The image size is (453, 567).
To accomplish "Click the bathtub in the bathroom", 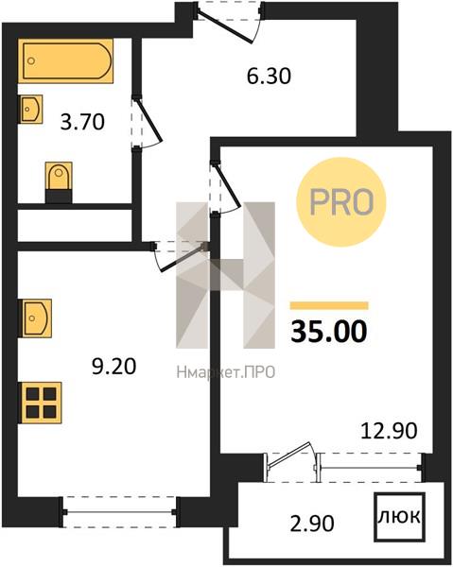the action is (65, 60).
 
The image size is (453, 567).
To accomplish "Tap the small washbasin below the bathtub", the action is (30, 109).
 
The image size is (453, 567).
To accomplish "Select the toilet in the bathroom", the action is (59, 181).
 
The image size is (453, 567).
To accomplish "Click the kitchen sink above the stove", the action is (35, 318).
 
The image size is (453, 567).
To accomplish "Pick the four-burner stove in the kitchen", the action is (40, 403).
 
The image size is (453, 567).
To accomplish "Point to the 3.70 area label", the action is (82, 122).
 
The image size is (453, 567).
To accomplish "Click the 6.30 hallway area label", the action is (269, 77).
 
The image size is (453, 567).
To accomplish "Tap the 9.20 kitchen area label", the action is (114, 367).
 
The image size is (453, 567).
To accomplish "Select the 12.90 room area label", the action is (389, 431).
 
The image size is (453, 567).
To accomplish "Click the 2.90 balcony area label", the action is (312, 524).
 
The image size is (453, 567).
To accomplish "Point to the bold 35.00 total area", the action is (329, 332).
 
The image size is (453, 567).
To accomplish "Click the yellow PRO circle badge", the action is (341, 202).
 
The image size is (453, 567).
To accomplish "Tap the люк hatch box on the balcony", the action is (399, 517).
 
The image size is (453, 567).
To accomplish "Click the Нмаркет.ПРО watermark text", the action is (226, 372).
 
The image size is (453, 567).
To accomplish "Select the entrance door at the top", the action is (228, 23).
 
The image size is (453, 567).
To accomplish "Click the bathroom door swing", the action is (147, 123).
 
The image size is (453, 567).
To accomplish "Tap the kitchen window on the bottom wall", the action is (120, 512).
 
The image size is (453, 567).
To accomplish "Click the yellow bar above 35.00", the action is (329, 306).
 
